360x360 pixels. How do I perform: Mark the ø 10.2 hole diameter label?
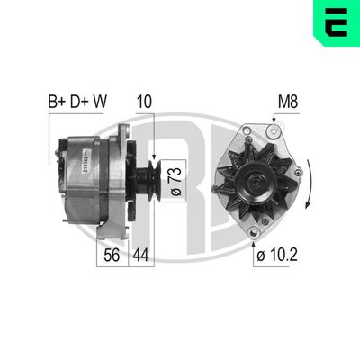[x=274, y=256]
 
